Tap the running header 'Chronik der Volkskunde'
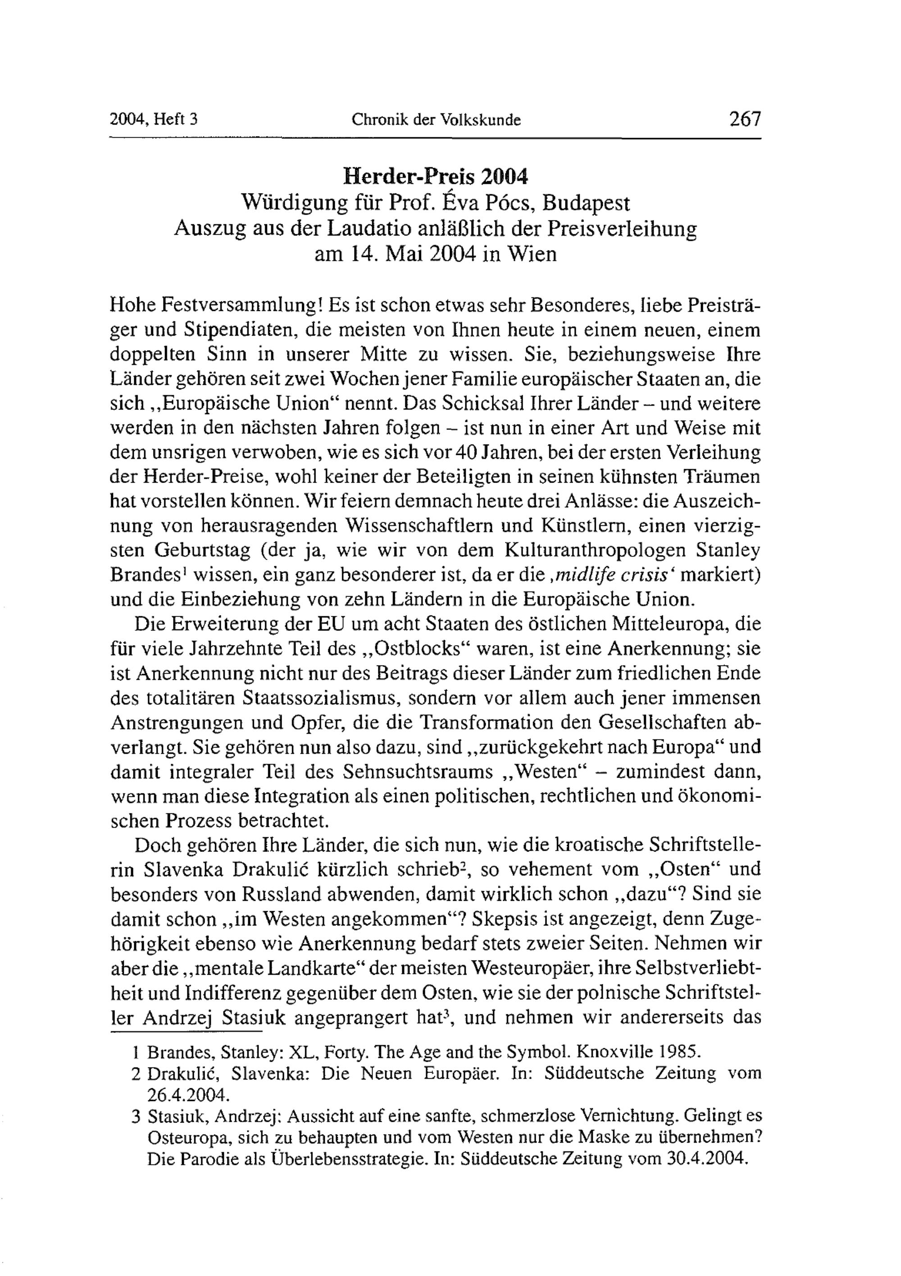click(x=437, y=119)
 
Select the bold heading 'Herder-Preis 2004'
click(x=435, y=176)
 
